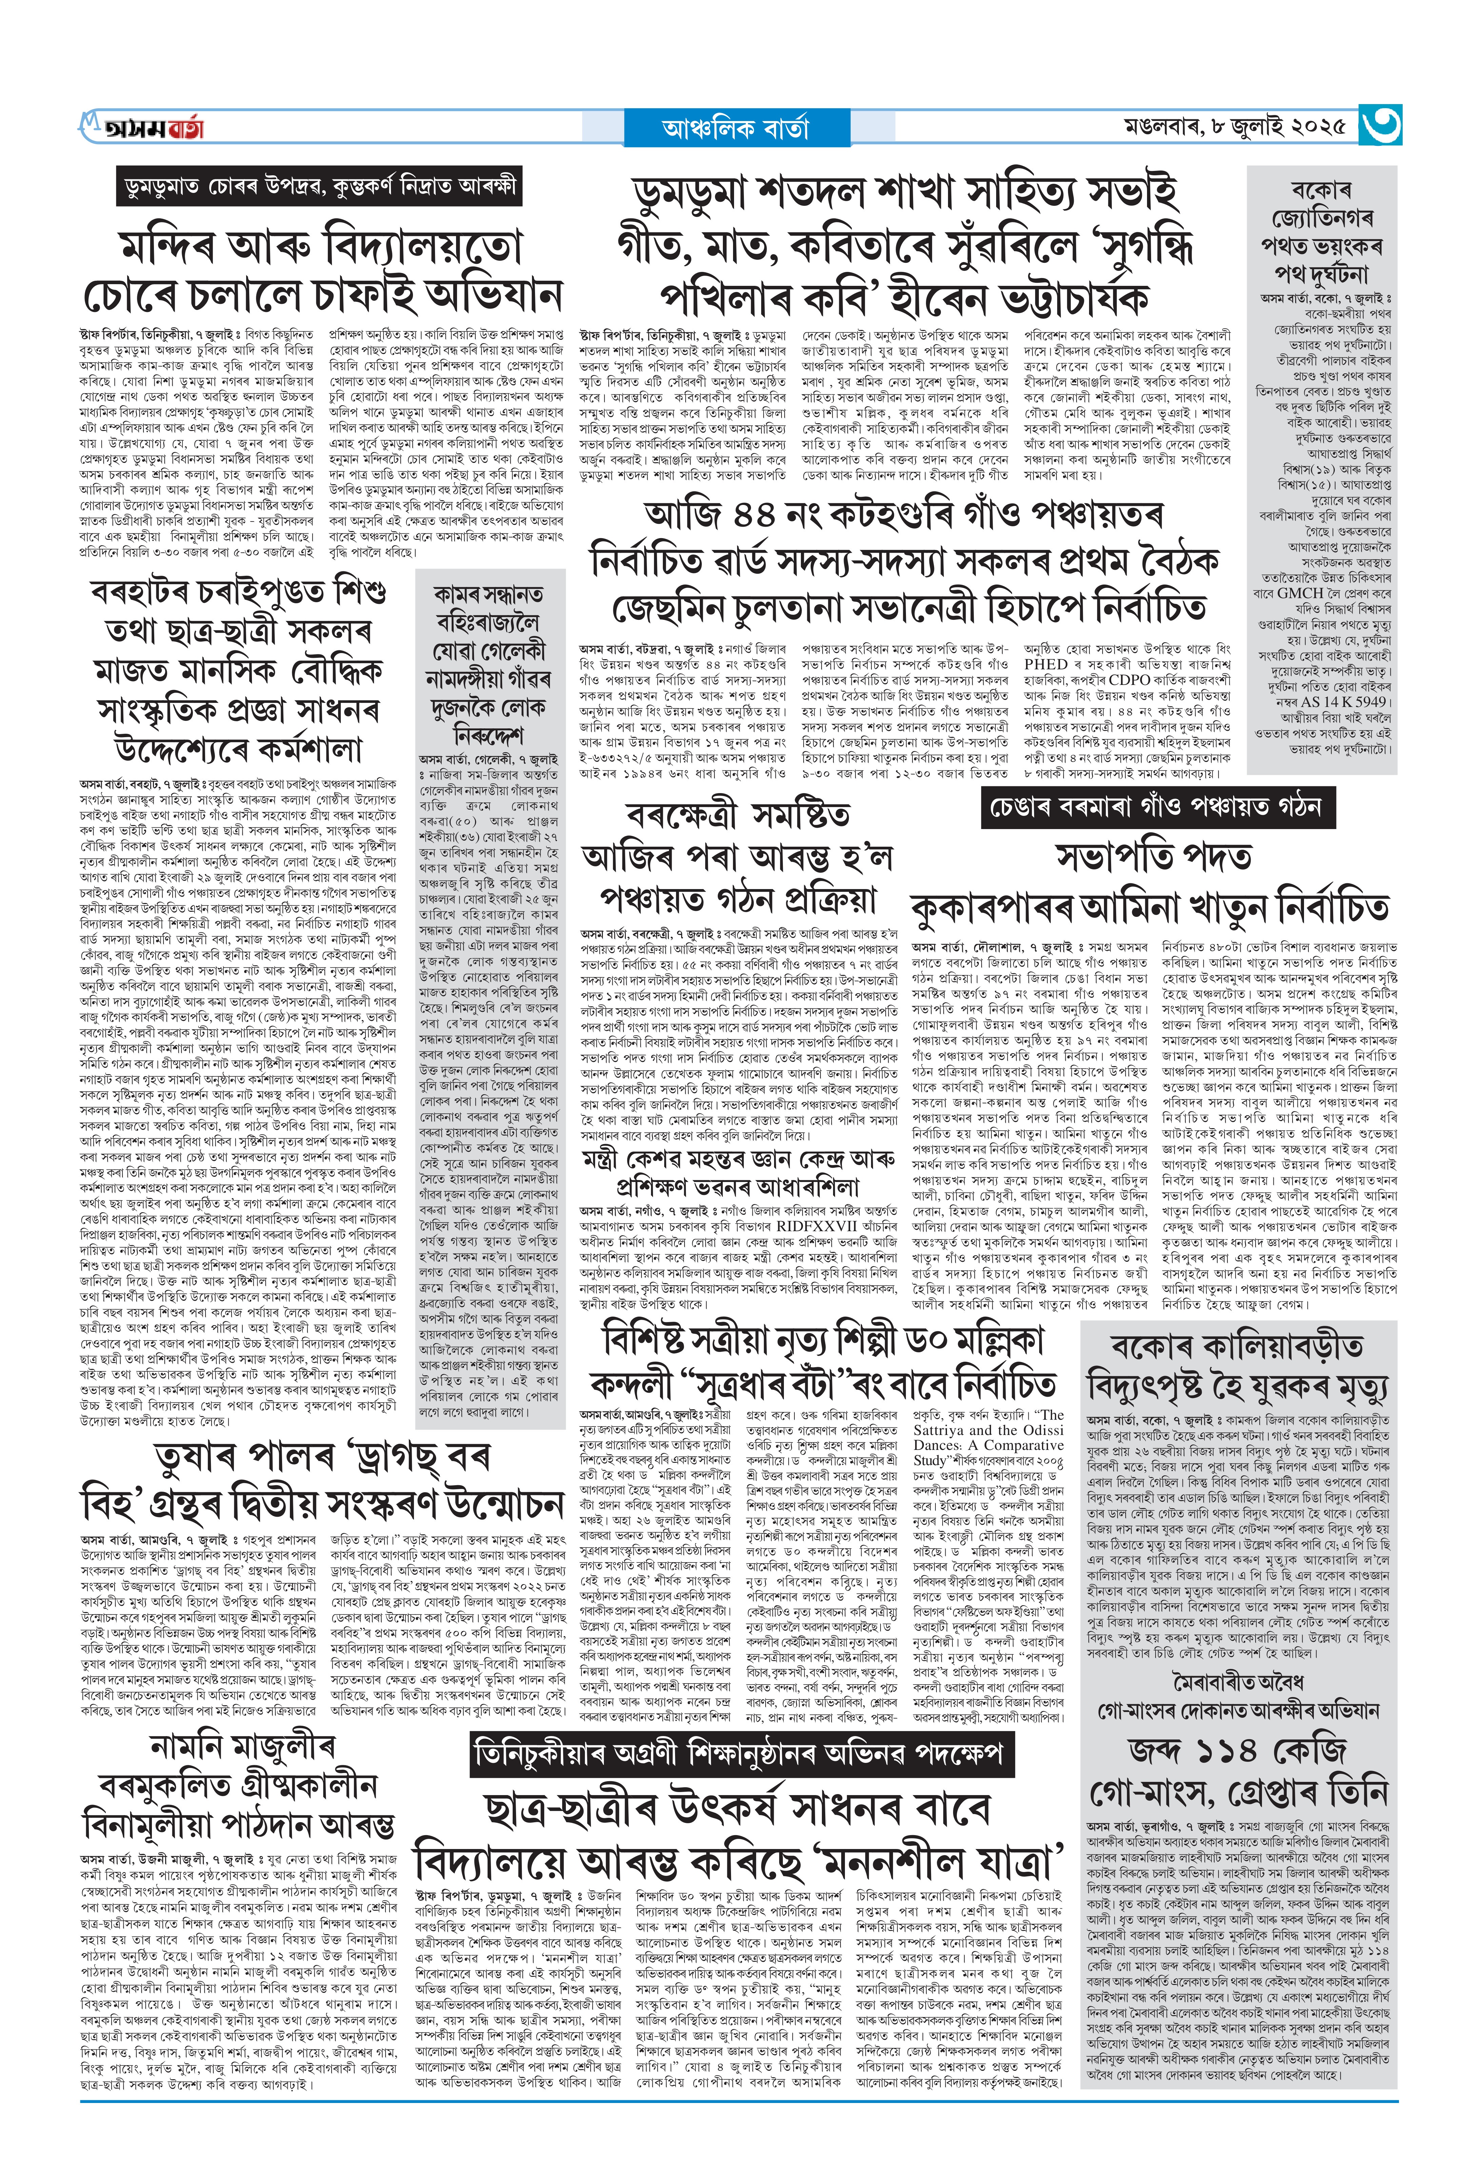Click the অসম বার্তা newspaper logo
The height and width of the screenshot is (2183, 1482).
[141, 127]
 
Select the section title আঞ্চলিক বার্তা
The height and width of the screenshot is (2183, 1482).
[735, 128]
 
